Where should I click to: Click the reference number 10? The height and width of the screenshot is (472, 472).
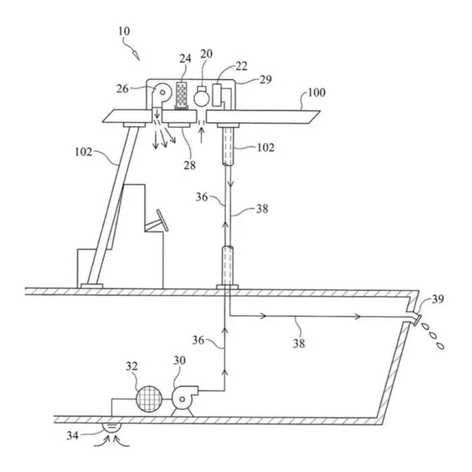point(124,31)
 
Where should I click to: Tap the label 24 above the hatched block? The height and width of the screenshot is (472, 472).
point(185,59)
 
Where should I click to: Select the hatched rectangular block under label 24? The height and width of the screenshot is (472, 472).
point(181,95)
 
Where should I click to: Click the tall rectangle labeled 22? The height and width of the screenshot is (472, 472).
point(216,95)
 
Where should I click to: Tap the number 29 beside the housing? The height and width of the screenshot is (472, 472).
point(266,79)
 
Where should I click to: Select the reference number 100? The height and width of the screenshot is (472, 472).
point(316,92)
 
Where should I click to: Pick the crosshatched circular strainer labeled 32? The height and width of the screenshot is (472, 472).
point(149,399)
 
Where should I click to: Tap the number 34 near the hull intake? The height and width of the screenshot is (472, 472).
point(73,436)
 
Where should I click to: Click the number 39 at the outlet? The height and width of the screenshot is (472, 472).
point(438,299)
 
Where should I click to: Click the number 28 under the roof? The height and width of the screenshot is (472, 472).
point(189,165)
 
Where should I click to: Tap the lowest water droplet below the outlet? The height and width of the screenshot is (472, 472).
point(441,346)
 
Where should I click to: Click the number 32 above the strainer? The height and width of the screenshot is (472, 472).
point(132,366)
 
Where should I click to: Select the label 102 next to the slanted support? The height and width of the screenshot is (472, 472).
point(84,152)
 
